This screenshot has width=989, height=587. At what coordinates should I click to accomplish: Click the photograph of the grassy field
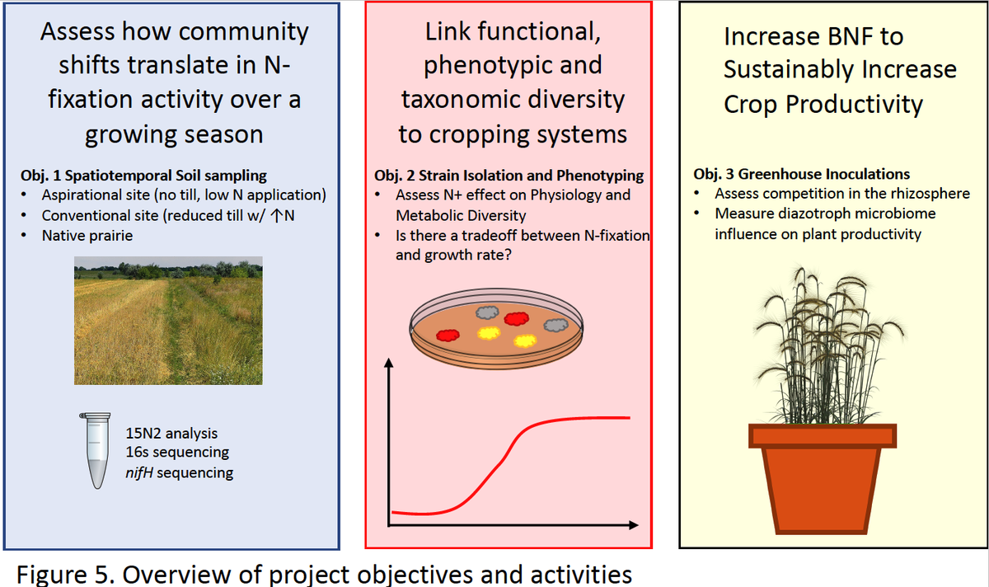click(168, 321)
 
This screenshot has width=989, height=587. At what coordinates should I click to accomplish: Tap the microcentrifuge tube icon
click(96, 450)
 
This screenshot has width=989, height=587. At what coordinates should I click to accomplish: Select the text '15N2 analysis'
click(171, 434)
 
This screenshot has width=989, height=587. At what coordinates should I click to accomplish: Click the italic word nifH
click(139, 472)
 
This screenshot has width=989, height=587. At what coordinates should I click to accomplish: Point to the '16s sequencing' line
click(177, 453)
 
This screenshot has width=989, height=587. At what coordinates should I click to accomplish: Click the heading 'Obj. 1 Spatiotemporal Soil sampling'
click(143, 176)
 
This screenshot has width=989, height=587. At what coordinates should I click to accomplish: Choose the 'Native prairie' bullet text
click(87, 236)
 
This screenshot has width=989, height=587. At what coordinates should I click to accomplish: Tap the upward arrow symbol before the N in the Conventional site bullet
click(277, 215)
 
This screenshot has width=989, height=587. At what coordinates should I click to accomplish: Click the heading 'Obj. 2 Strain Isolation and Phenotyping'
click(509, 176)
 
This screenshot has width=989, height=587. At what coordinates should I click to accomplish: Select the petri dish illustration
click(496, 329)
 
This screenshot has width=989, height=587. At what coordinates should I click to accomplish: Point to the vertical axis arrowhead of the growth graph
click(388, 363)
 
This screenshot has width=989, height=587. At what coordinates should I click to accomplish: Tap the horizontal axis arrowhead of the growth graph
click(634, 524)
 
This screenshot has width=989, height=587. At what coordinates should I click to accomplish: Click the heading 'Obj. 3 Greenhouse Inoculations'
click(801, 174)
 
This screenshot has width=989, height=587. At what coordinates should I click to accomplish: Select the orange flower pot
click(823, 479)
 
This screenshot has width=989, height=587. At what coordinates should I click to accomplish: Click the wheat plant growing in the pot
click(827, 345)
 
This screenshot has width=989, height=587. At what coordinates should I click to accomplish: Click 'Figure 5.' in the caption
click(65, 575)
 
